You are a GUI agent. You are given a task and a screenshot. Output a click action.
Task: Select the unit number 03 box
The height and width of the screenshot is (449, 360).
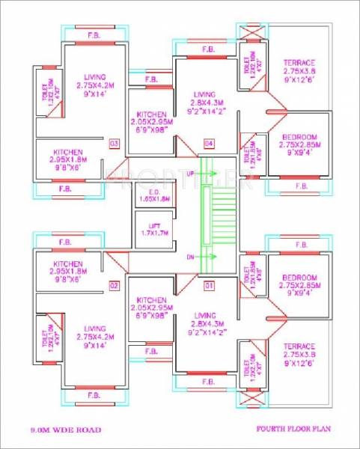pos(115,143)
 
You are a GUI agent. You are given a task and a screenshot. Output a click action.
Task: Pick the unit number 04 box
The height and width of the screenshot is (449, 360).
pos(208,143)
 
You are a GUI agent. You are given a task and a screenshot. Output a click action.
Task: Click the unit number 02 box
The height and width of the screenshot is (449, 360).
pos(115,285)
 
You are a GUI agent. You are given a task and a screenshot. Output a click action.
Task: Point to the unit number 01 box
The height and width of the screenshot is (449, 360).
pos(208,285)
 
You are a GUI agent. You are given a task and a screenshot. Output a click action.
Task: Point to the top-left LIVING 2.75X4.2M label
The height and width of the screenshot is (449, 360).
pos(94,85)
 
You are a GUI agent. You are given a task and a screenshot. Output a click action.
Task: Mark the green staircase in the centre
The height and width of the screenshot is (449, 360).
pos(217,214)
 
